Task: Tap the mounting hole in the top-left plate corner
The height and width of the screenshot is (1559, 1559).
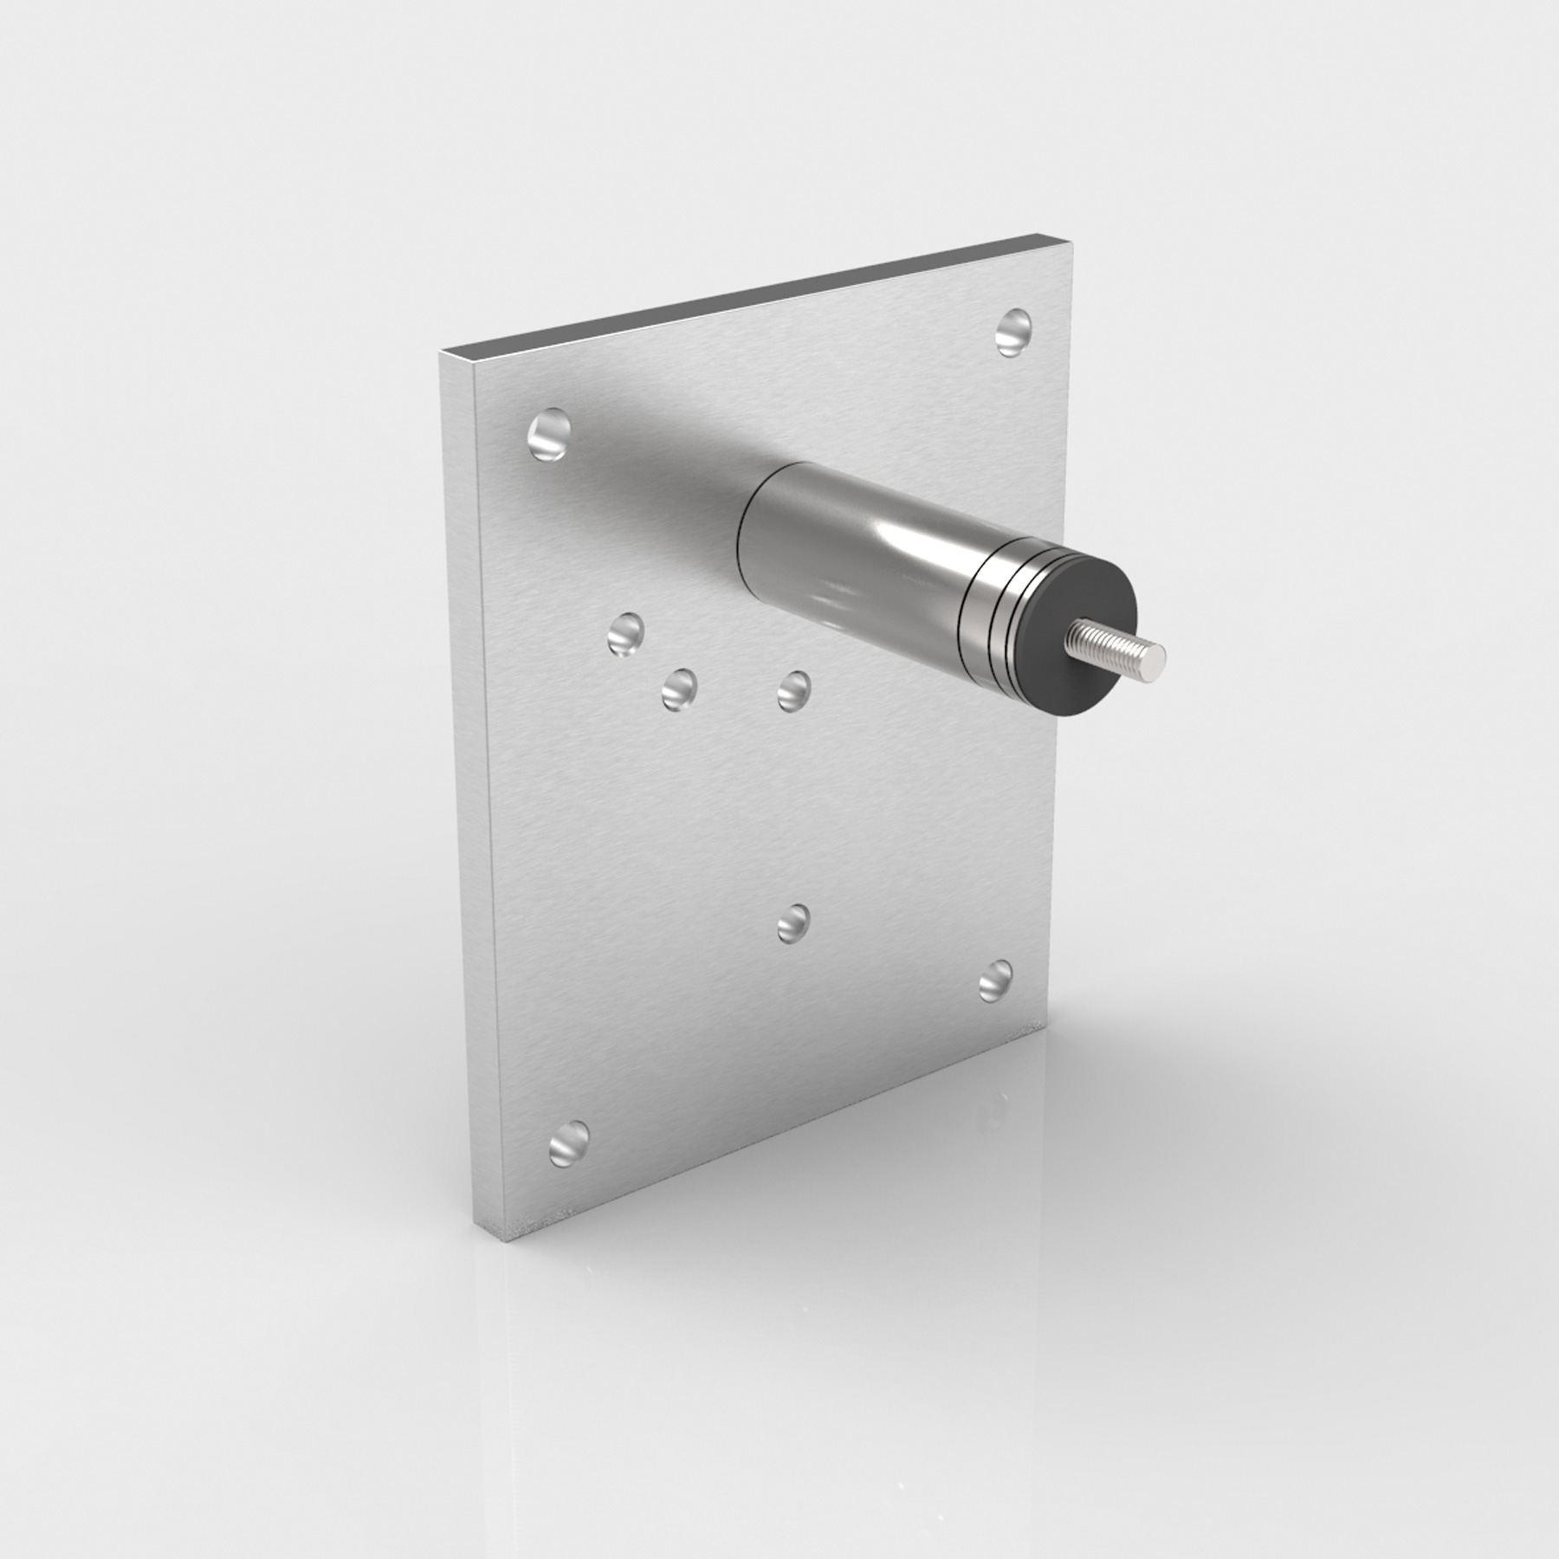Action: tap(550, 435)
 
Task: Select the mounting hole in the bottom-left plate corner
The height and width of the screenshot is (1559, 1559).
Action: tap(569, 1142)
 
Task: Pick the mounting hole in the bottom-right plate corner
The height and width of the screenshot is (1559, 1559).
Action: tap(996, 980)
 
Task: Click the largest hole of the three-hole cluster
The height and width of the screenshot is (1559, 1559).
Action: tap(625, 635)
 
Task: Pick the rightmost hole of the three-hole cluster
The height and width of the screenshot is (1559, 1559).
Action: tap(793, 691)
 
